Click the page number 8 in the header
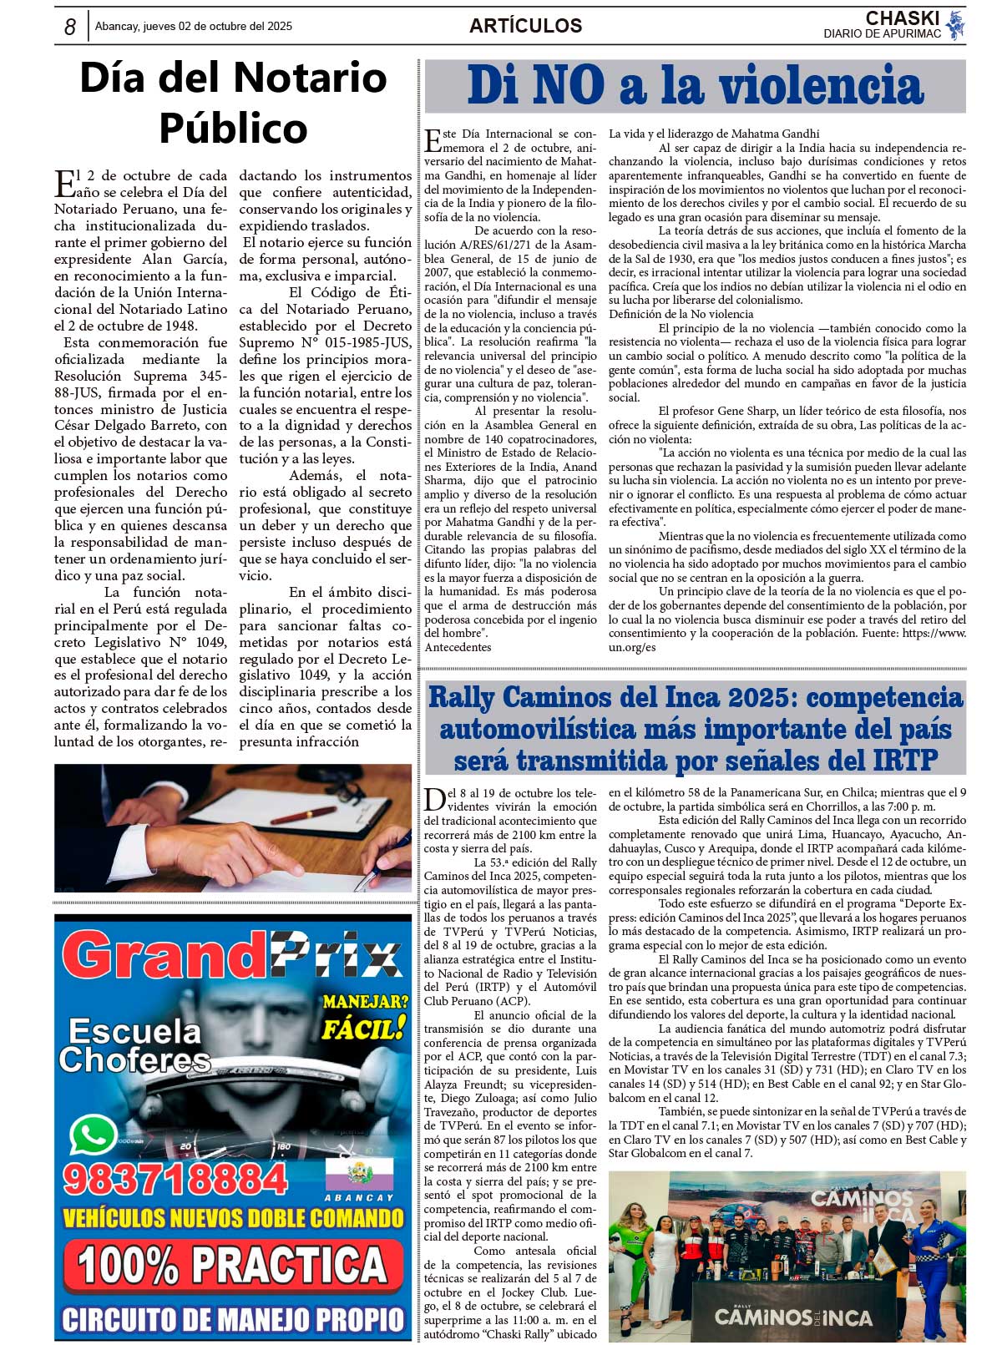pos(70,28)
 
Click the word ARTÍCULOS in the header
pos(525,26)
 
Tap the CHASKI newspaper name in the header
pos(902,18)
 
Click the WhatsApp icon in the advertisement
pos(93,1135)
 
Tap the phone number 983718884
pos(175,1180)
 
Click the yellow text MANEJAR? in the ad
pos(366,1001)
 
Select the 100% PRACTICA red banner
pos(233,1264)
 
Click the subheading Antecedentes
pos(458,647)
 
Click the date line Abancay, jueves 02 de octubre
pos(194,27)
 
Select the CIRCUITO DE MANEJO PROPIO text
pos(233,1319)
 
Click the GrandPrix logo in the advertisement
pos(232,956)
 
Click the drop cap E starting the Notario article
pos(64,183)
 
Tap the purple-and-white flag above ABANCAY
pos(359,1174)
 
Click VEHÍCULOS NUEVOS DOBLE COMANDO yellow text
pos(233,1218)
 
